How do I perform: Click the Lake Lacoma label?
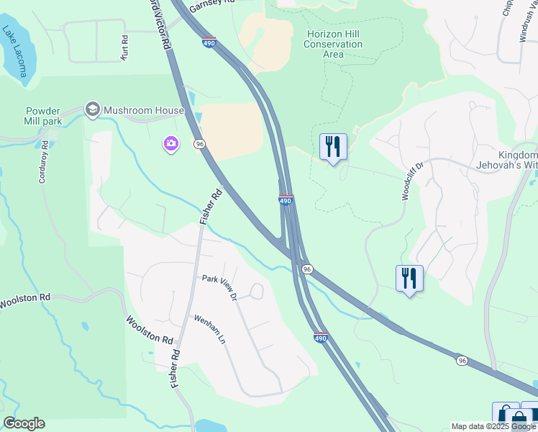pyautogui.click(x=14, y=53)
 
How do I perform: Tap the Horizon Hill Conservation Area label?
pyautogui.click(x=334, y=44)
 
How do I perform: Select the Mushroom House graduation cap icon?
pyautogui.click(x=92, y=110)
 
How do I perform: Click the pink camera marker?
pyautogui.click(x=171, y=145)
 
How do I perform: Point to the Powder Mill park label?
pyautogui.click(x=44, y=116)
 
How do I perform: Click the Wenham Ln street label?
pyautogui.click(x=209, y=328)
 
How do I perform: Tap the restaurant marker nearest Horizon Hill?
pyautogui.click(x=332, y=147)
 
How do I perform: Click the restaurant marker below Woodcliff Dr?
pyautogui.click(x=409, y=279)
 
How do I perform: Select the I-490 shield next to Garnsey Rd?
pyautogui.click(x=209, y=42)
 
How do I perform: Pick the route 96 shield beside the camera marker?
pyautogui.click(x=199, y=144)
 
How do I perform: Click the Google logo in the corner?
pyautogui.click(x=24, y=423)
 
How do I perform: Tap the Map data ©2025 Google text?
pyautogui.click(x=493, y=426)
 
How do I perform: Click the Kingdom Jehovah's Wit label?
pyautogui.click(x=517, y=160)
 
